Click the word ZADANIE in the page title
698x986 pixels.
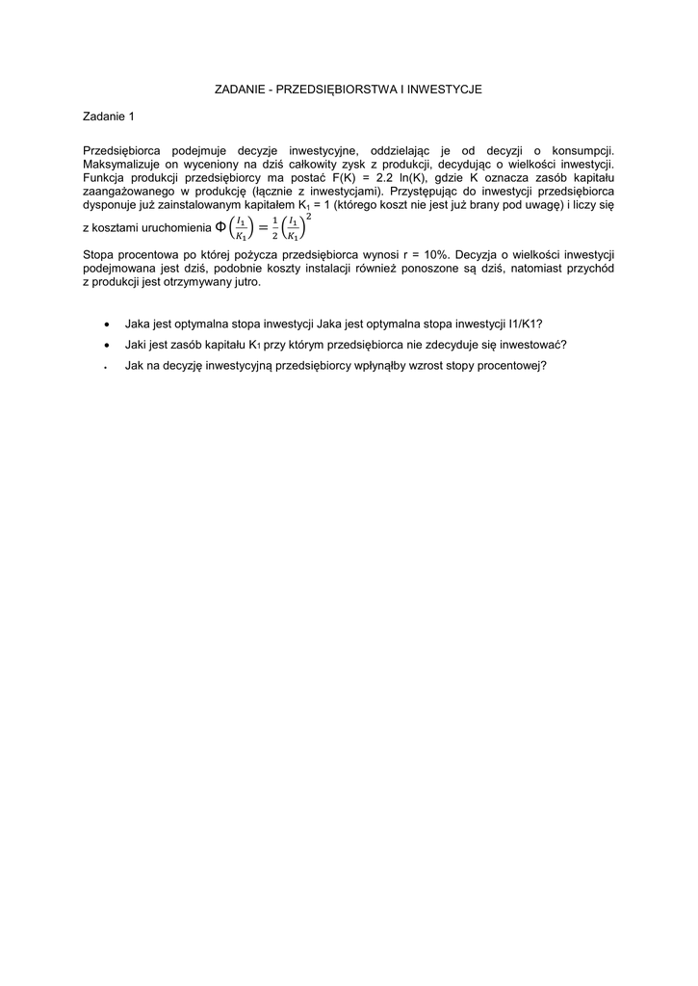[236, 89]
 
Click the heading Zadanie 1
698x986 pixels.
[109, 117]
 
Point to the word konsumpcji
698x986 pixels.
[582, 150]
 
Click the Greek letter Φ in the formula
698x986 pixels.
[219, 226]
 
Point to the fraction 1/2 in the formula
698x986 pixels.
[274, 228]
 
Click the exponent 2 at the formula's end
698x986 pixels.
[309, 217]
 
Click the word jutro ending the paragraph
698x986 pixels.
[245, 283]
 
